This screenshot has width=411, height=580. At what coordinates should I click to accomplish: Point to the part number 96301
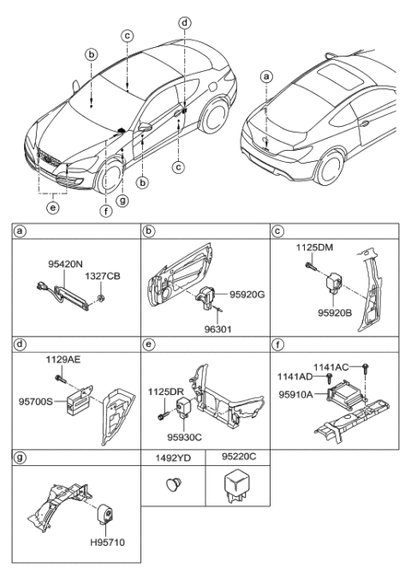pos(224,326)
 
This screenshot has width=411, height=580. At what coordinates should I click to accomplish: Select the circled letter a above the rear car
pos(266,76)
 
